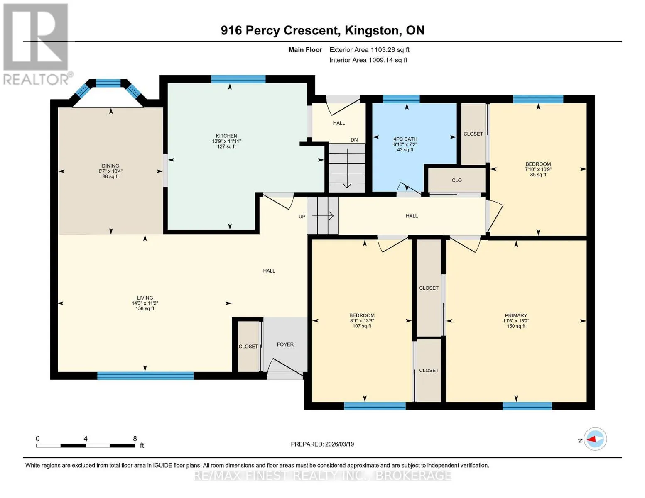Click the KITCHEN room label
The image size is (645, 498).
226,136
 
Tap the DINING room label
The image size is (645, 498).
110,166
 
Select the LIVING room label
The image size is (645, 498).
145,298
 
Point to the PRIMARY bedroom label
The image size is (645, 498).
516,315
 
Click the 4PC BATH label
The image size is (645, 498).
405,139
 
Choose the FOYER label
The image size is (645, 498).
285,344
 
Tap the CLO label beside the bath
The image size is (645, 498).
456,181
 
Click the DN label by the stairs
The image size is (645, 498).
354,140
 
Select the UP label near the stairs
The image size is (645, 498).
302,217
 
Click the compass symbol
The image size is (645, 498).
595,439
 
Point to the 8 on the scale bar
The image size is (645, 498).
135,438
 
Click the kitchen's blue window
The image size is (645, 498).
238,79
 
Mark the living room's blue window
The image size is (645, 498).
145,376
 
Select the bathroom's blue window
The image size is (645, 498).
401,99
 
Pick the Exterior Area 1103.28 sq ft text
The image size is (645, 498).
369,50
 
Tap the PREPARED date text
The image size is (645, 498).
322,444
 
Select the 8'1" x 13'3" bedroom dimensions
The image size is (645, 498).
362,321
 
